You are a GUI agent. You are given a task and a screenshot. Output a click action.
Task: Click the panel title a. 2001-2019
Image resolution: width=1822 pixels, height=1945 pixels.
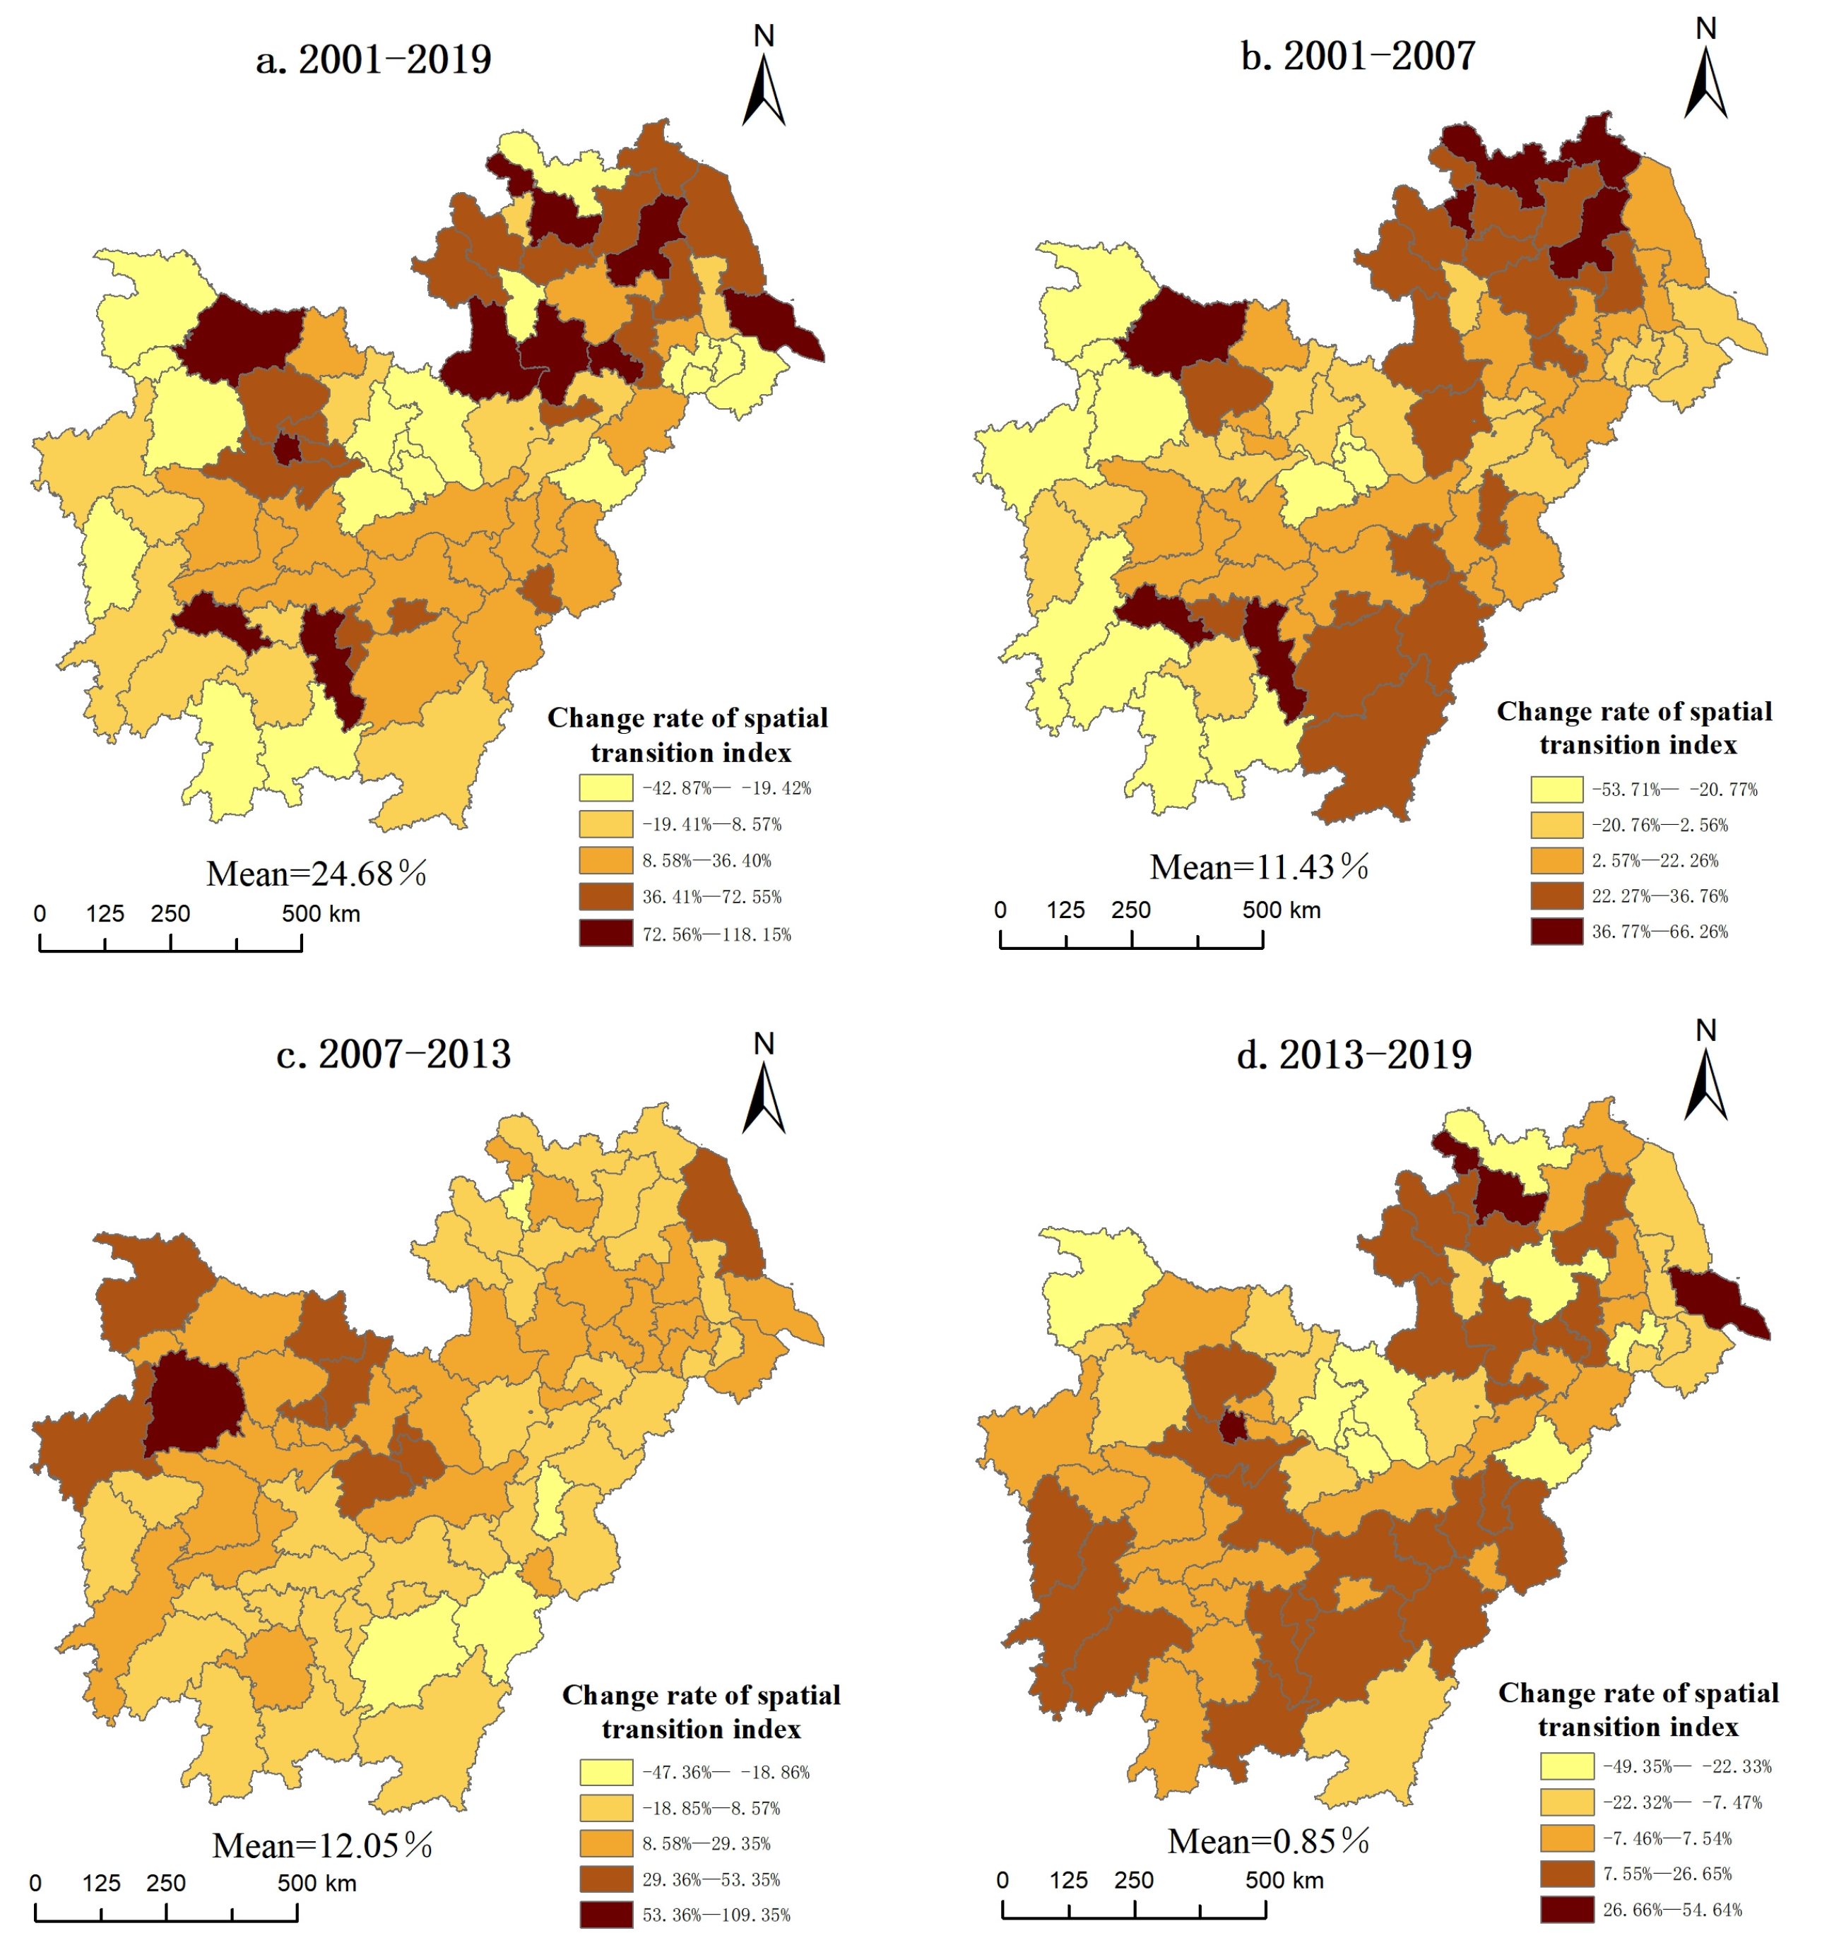point(373,60)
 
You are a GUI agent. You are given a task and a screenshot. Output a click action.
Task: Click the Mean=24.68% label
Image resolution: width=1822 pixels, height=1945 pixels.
point(316,874)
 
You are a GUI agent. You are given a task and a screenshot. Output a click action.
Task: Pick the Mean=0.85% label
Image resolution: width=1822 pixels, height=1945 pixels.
point(1268,1843)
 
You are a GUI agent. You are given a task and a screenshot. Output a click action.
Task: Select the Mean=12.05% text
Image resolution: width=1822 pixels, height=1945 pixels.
point(322,1846)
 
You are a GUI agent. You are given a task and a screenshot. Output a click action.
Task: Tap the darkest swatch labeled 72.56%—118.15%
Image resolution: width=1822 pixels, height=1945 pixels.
point(605,934)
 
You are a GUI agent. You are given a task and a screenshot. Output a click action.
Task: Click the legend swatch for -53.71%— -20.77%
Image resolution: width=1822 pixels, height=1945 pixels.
point(1556,790)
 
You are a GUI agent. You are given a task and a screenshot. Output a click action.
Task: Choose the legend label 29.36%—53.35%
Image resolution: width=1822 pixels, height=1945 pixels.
point(711,1879)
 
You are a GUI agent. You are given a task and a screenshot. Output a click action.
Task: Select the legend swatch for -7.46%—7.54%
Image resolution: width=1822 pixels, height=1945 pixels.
point(1566,1838)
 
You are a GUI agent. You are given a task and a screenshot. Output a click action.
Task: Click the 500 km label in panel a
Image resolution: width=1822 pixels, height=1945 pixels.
point(321,914)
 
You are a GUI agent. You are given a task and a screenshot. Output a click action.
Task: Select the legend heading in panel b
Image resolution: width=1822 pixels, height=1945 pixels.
point(1635,728)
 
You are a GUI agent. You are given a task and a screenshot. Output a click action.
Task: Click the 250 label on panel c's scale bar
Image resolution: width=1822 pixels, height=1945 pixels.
point(165,1884)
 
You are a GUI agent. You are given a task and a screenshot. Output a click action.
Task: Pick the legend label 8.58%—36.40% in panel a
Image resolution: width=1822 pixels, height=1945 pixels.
point(706,861)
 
